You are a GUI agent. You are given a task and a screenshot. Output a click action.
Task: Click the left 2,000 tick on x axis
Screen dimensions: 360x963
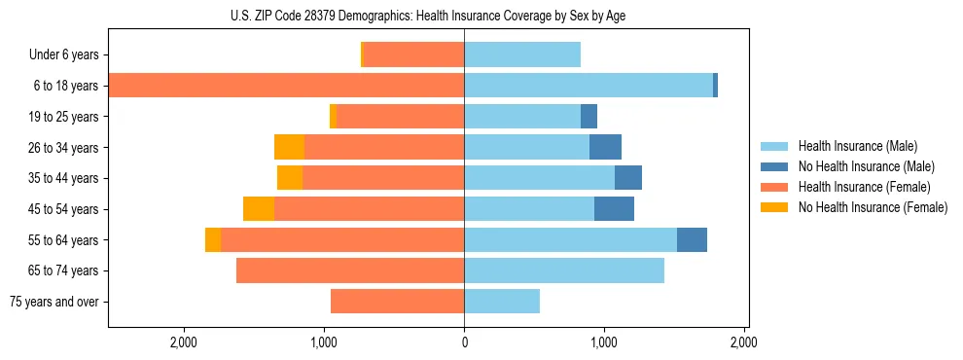pyautogui.click(x=184, y=342)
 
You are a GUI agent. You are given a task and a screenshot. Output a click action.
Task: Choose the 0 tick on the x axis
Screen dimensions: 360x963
pyautogui.click(x=464, y=342)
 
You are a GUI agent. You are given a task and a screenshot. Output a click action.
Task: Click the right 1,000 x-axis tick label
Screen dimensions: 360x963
pyautogui.click(x=604, y=342)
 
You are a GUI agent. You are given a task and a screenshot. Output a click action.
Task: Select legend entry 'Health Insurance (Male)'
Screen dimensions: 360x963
pyautogui.click(x=857, y=146)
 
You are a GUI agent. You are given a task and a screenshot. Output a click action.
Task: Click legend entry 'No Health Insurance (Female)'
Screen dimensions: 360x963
pyautogui.click(x=873, y=207)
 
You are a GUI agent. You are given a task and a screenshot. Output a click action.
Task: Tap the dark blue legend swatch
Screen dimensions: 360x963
pyautogui.click(x=775, y=166)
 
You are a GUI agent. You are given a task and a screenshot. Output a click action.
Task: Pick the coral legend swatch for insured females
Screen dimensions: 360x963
pyautogui.click(x=775, y=187)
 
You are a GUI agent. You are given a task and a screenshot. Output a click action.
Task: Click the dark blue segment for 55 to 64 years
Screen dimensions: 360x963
pyautogui.click(x=692, y=239)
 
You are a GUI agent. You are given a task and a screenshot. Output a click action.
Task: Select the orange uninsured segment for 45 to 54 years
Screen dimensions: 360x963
pyautogui.click(x=259, y=209)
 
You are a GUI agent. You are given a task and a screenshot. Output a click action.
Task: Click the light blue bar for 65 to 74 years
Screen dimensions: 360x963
pyautogui.click(x=564, y=270)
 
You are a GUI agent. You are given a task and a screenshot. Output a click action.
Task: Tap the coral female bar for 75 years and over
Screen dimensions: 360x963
pyautogui.click(x=397, y=302)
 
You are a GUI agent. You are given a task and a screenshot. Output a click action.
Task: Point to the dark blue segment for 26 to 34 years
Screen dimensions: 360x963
pyautogui.click(x=605, y=147)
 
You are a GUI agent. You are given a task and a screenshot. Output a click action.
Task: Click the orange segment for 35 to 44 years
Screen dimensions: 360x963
pyautogui.click(x=290, y=178)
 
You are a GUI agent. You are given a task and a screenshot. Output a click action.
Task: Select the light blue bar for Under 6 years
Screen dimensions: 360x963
pyautogui.click(x=522, y=54)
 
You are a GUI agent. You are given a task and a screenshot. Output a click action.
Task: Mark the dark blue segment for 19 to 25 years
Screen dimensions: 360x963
pyautogui.click(x=588, y=117)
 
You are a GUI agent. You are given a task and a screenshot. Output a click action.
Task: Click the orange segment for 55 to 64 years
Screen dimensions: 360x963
pyautogui.click(x=213, y=239)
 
